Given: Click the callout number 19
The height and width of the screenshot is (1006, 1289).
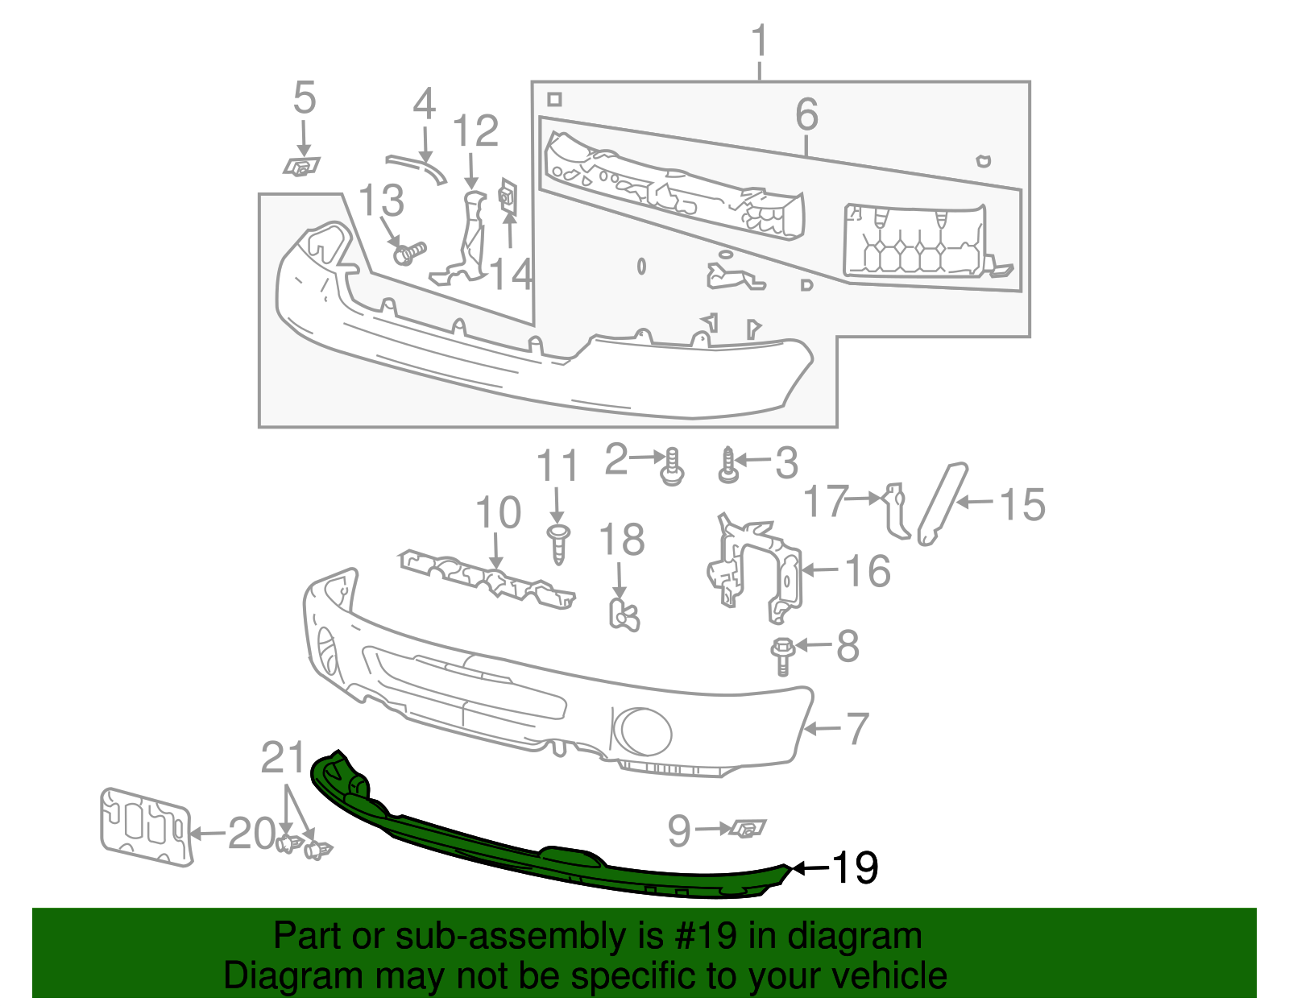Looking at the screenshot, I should pyautogui.click(x=854, y=868).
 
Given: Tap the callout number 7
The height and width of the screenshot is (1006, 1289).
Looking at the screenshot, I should pyautogui.click(x=857, y=728).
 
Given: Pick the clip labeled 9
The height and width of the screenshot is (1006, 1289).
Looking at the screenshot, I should pyautogui.click(x=748, y=828).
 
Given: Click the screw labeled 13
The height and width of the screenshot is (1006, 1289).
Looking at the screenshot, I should pyautogui.click(x=409, y=254).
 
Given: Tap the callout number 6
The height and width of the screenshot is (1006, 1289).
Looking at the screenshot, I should pyautogui.click(x=806, y=114).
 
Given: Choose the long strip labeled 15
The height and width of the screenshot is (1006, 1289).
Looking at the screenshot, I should pyautogui.click(x=943, y=503).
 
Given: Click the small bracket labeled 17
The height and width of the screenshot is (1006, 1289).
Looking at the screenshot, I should pyautogui.click(x=896, y=509).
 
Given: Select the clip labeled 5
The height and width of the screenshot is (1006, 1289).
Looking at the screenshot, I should pyautogui.click(x=300, y=167).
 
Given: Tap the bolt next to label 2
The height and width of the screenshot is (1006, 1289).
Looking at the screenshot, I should pyautogui.click(x=673, y=467).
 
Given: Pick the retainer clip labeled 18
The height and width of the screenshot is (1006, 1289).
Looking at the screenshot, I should pyautogui.click(x=623, y=614).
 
